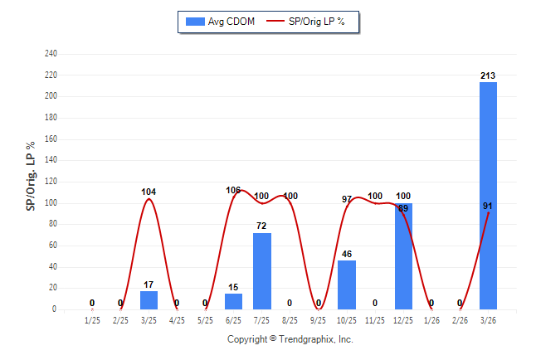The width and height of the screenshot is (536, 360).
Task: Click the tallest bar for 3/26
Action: (488, 195)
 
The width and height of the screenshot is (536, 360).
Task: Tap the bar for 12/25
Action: (403, 255)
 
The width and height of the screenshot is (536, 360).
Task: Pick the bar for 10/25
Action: (347, 285)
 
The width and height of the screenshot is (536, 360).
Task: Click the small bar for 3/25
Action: (149, 300)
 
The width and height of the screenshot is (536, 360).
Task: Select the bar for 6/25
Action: (234, 301)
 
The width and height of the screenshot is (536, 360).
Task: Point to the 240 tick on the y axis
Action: (51, 54)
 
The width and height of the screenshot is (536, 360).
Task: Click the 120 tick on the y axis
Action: (51, 182)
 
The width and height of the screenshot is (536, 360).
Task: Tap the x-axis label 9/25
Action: (319, 319)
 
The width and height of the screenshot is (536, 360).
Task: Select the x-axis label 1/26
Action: (431, 319)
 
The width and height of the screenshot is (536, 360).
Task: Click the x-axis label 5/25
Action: (206, 319)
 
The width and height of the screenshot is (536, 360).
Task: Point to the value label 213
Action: (488, 75)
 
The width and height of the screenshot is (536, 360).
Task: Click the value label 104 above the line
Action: (149, 192)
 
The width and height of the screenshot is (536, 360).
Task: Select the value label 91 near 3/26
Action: (490, 205)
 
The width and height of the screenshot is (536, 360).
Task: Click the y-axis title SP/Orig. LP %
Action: (31, 182)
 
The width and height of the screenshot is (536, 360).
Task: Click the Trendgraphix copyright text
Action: (290, 340)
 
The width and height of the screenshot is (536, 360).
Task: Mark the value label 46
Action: (347, 254)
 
